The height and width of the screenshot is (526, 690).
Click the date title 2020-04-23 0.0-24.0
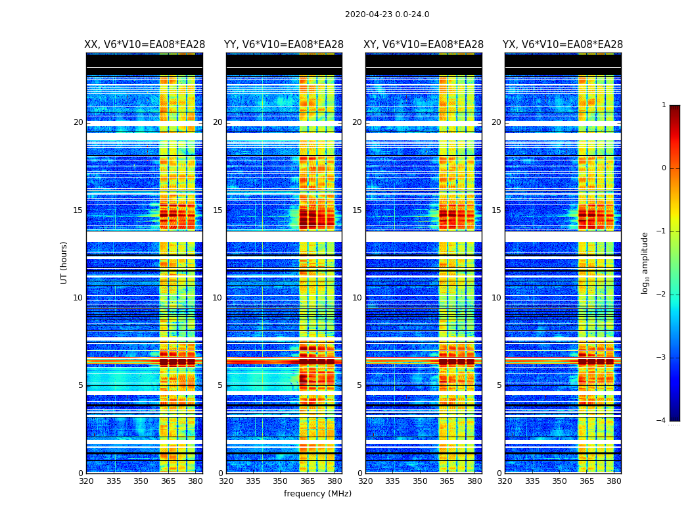(x=387, y=14)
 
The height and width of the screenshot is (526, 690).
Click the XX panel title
(x=145, y=45)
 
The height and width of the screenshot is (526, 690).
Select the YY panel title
(x=284, y=45)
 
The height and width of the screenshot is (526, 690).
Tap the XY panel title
(x=424, y=45)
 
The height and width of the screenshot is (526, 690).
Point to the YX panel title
(x=563, y=45)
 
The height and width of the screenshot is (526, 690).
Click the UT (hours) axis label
(x=64, y=262)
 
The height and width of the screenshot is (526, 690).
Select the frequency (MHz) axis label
(x=317, y=494)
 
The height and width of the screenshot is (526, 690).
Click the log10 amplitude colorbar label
(x=645, y=262)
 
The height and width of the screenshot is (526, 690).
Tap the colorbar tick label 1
(x=664, y=105)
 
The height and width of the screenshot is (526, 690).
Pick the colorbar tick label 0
(x=664, y=168)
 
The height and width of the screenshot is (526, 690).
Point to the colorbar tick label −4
(x=662, y=421)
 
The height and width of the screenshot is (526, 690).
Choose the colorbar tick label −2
(x=662, y=295)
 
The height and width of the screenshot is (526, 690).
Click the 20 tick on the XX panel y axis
(x=78, y=122)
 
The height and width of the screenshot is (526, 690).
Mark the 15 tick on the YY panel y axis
(x=218, y=210)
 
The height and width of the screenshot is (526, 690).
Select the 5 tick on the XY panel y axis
(x=359, y=385)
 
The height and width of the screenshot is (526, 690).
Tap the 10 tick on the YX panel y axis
(x=496, y=298)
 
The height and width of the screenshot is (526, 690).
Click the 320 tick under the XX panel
(x=86, y=481)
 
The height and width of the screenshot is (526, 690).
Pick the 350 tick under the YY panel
(x=281, y=481)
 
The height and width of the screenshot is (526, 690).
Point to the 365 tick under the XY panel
(x=448, y=481)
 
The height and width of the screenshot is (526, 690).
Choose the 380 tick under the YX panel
(x=614, y=481)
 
